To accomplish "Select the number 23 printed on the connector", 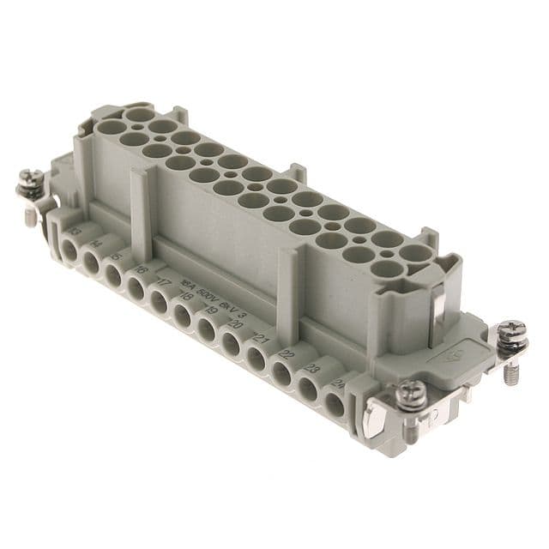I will pyautogui.click(x=314, y=370).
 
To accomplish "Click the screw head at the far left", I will pyautogui.click(x=31, y=182).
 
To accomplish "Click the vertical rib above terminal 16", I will pyautogui.click(x=141, y=214).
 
